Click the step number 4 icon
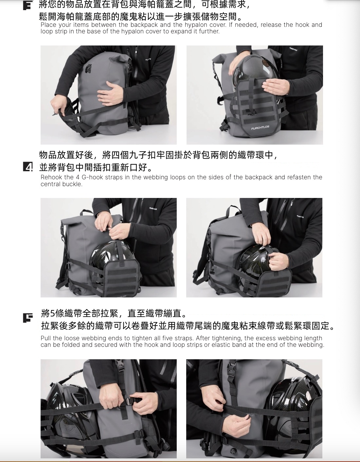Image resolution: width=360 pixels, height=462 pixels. tap(28, 167)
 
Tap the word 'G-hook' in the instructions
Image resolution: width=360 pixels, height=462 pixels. tap(89, 177)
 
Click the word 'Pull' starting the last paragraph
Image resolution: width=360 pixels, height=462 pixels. tap(46, 338)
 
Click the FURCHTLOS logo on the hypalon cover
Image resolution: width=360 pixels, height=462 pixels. tap(260, 128)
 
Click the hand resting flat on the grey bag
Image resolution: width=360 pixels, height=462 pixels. tap(111, 93)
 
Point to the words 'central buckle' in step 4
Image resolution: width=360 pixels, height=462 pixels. tap(62, 184)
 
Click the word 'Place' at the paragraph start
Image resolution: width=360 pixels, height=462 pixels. tap(48, 25)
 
